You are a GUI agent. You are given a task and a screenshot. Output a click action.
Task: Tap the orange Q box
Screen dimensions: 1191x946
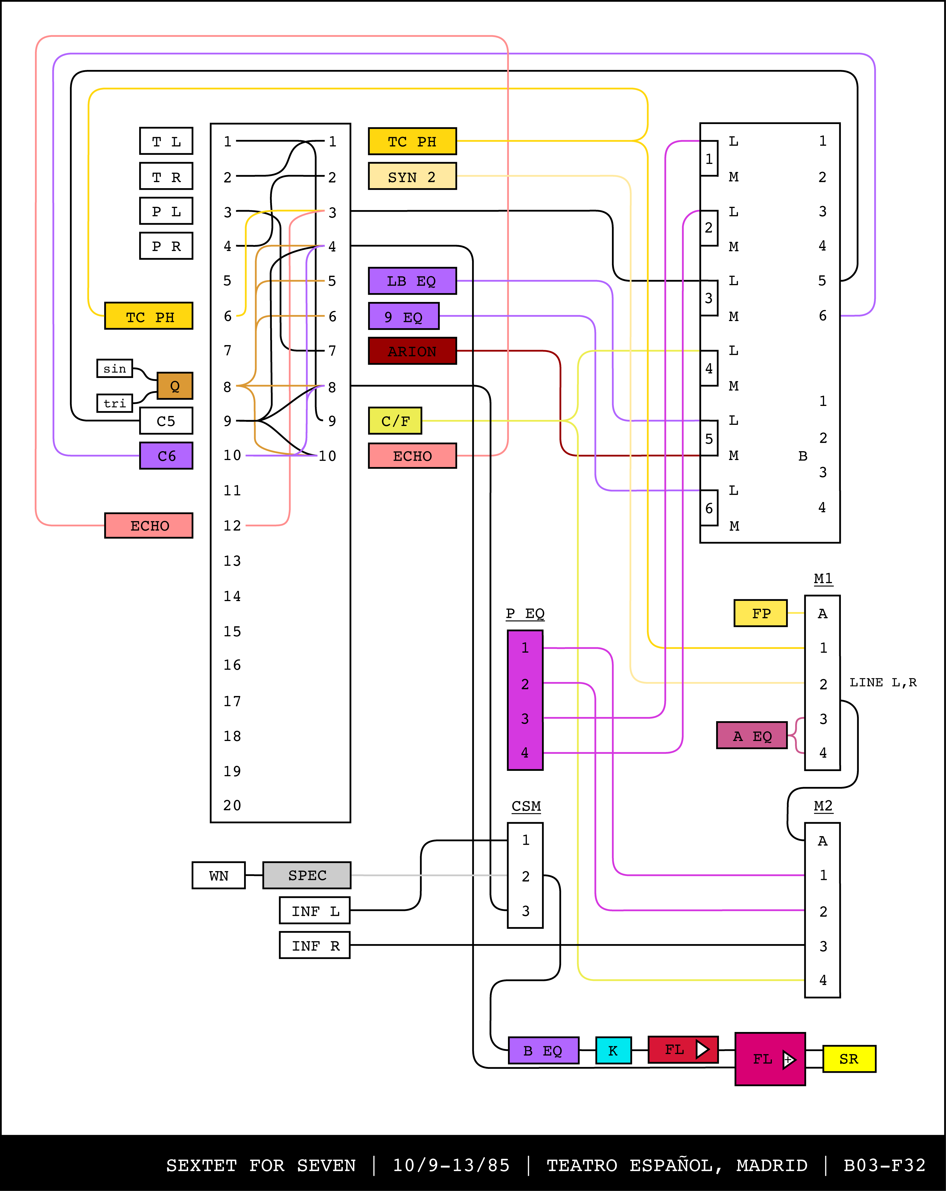(175, 386)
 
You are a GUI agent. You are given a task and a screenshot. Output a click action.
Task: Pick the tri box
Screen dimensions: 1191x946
(115, 403)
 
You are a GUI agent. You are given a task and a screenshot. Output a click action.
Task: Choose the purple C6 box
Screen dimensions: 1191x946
(166, 456)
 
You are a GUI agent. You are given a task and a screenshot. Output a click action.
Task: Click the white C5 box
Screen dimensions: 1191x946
(166, 421)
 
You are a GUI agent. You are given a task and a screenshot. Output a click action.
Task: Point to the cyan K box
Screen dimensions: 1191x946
(613, 1050)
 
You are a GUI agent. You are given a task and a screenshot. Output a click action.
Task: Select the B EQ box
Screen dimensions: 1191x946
(543, 1050)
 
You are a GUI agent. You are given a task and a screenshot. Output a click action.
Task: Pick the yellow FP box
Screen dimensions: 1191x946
(760, 613)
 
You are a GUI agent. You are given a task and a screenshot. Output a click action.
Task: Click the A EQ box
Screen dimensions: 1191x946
(752, 735)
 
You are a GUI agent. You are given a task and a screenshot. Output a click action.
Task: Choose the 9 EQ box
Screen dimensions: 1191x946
(404, 317)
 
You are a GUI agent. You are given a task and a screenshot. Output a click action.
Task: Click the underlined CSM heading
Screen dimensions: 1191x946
(526, 806)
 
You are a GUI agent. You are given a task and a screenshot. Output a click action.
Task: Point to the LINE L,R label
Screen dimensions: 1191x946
(883, 682)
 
